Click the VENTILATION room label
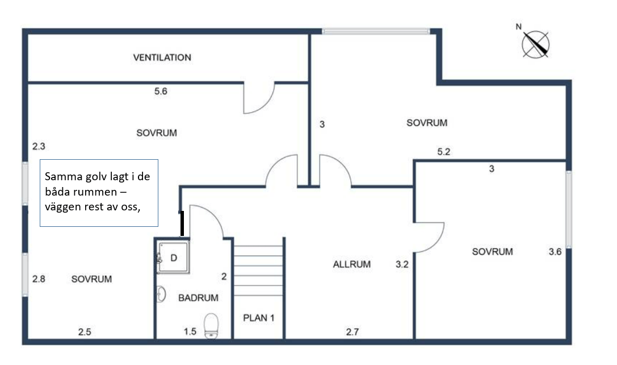pos(162,57)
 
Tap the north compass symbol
pos(535,44)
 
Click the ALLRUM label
pos(351,264)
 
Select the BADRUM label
pos(198,297)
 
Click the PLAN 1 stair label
pos(259,318)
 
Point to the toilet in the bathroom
pos(211,325)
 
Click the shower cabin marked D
pos(173,257)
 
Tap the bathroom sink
pos(162,295)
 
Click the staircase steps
pos(258,267)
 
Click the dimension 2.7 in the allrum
pos(352,332)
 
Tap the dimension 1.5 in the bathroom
pos(190,331)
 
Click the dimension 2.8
pos(38,279)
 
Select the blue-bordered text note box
pos(99,193)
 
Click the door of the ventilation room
pos(258,98)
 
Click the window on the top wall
pos(376,31)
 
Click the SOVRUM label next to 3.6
pos(492,252)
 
